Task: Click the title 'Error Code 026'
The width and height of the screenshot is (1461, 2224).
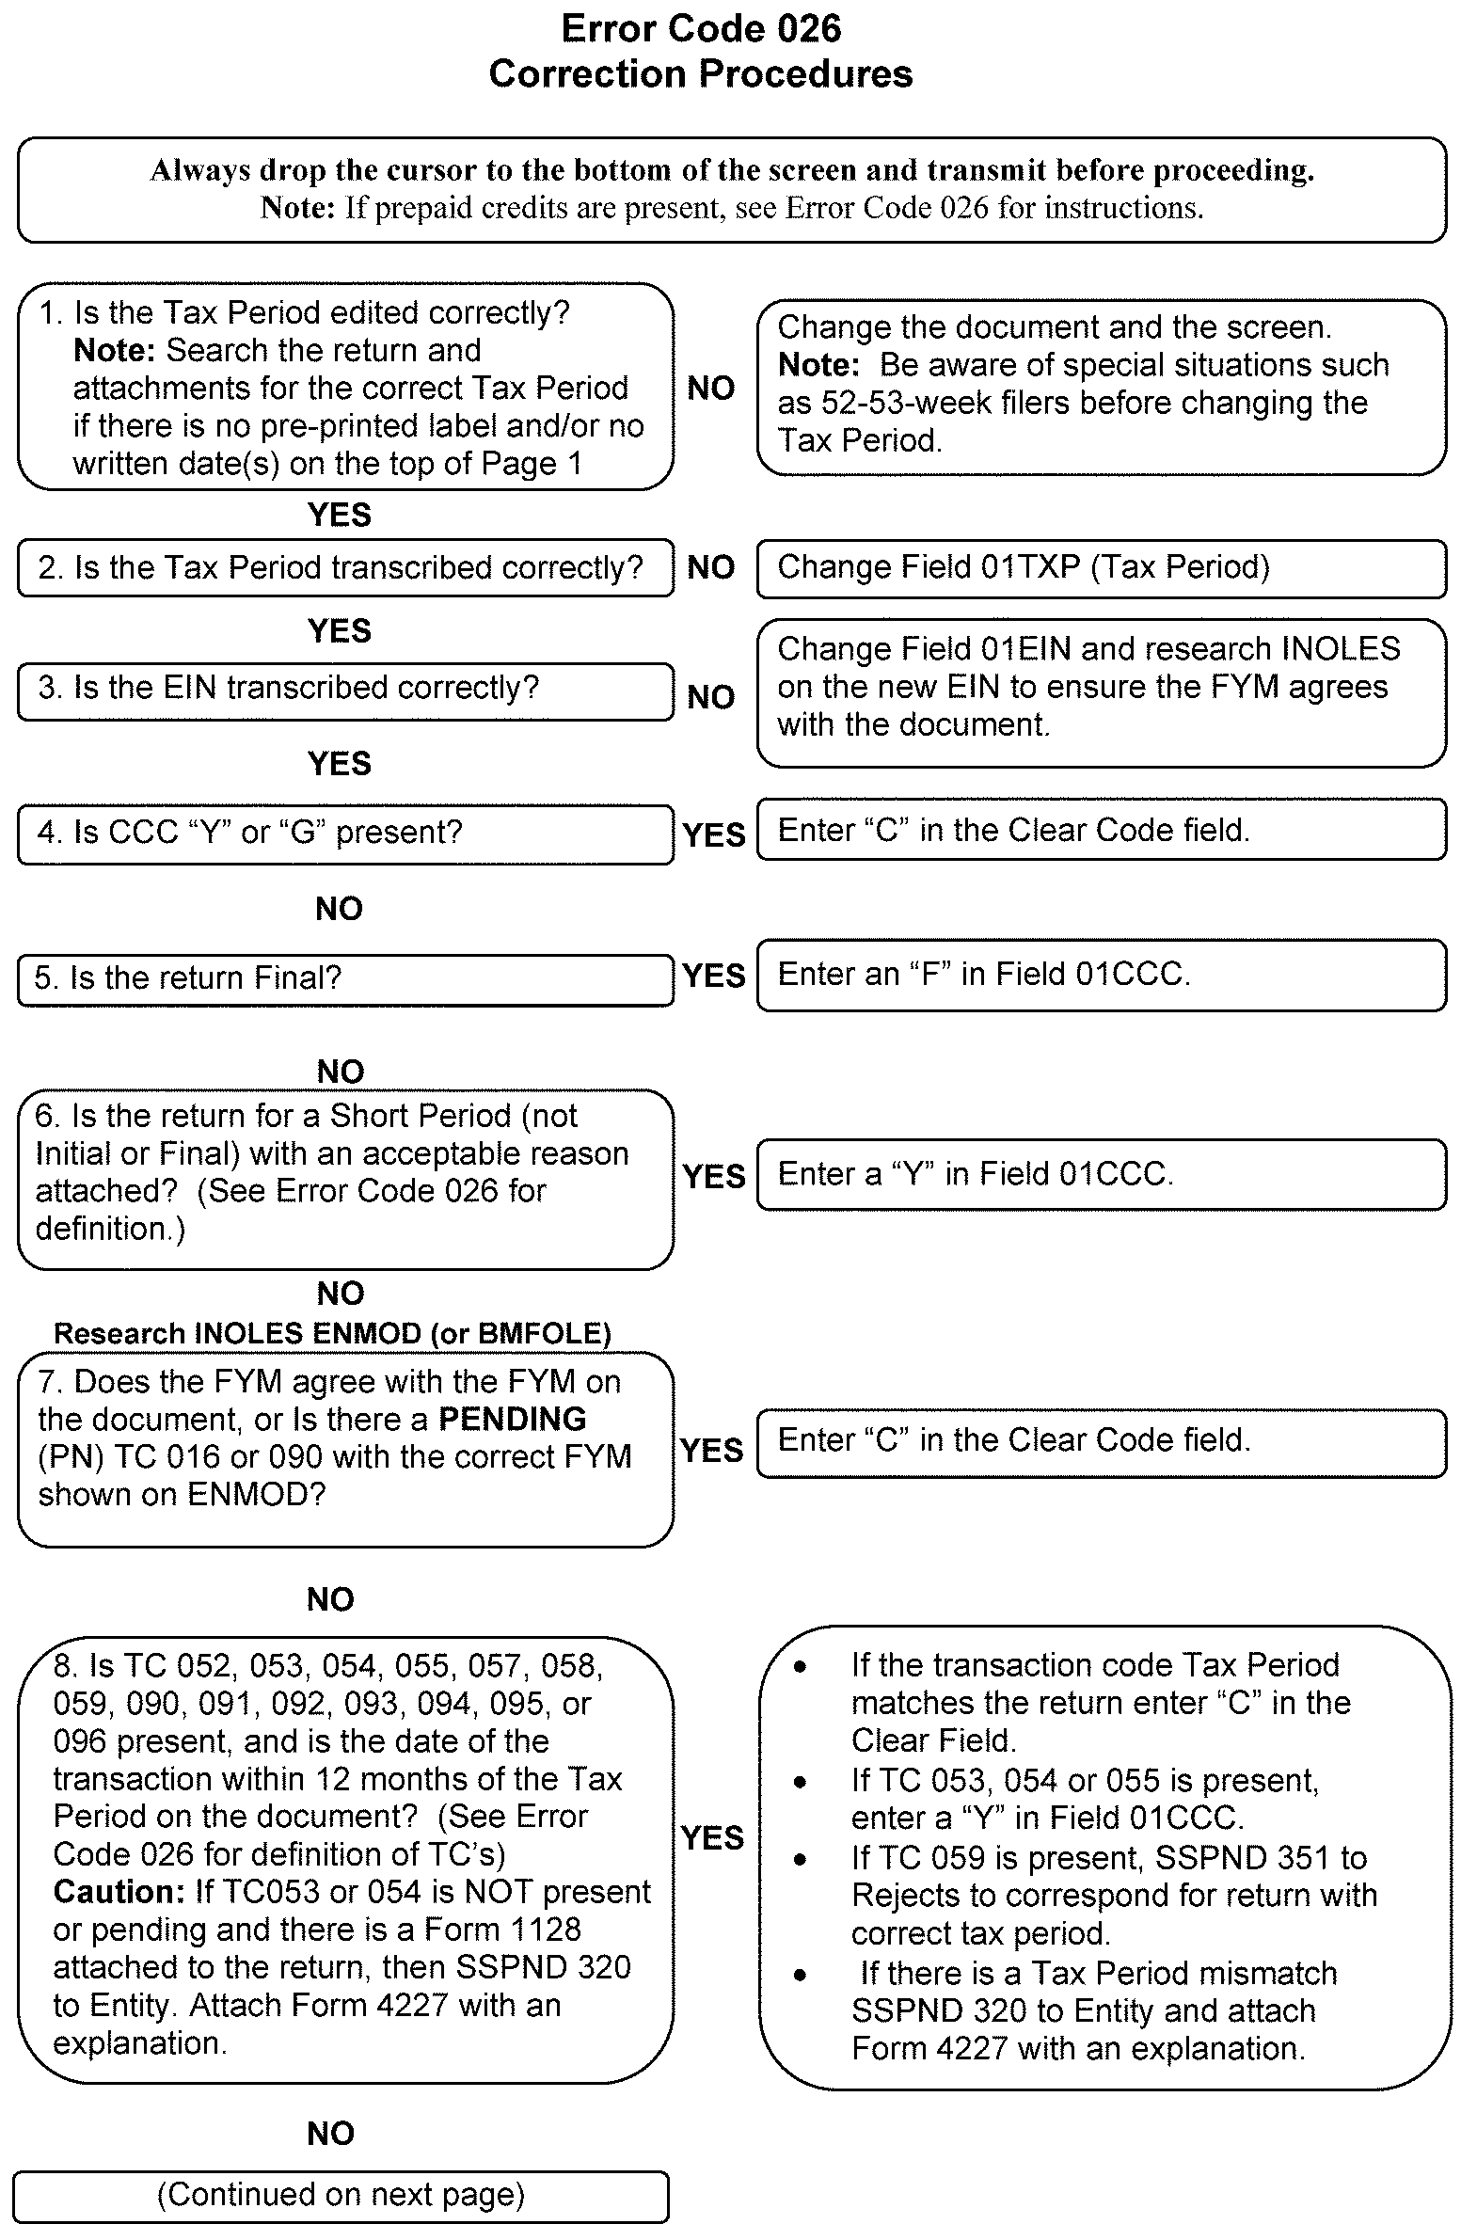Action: (x=701, y=29)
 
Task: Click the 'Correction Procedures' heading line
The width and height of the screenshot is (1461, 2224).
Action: (x=701, y=74)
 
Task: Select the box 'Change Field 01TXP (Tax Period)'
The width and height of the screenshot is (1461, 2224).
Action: (x=1101, y=568)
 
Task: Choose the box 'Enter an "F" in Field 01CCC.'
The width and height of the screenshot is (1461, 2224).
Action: (x=1101, y=975)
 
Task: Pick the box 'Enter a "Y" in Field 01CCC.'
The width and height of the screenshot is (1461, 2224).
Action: (x=1101, y=1174)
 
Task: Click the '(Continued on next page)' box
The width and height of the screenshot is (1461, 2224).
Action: (x=341, y=2195)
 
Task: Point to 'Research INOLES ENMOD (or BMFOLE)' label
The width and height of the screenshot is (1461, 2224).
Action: (x=332, y=1333)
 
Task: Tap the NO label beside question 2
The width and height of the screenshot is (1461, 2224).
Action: (x=711, y=567)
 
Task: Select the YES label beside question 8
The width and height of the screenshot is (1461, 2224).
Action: (x=712, y=1837)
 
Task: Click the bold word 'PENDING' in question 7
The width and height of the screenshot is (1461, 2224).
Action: (x=513, y=1419)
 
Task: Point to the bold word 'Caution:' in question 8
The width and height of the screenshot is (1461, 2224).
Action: (x=119, y=1892)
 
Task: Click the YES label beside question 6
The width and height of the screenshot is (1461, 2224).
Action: (x=714, y=1177)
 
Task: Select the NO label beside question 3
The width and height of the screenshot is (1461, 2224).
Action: (x=711, y=697)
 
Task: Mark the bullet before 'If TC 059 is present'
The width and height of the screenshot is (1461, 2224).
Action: (x=800, y=1859)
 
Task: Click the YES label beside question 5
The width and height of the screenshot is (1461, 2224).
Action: (x=714, y=976)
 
